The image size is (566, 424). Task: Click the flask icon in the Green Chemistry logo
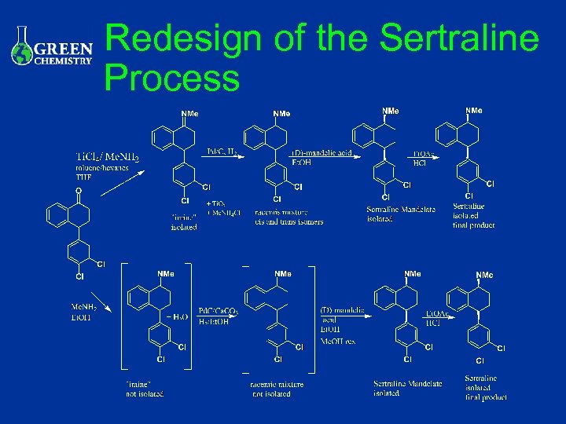(x=23, y=47)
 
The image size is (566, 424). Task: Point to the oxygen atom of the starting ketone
(x=77, y=190)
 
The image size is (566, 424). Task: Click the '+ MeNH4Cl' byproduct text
(x=224, y=213)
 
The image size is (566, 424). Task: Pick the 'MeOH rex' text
(x=339, y=341)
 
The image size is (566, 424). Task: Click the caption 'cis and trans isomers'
(x=289, y=221)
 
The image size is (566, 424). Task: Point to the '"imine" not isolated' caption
(x=145, y=388)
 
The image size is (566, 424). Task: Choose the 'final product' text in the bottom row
(x=485, y=397)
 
